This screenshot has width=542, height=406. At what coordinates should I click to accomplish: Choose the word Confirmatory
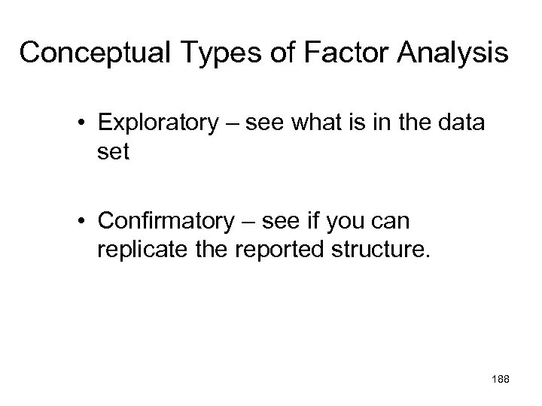tap(164, 220)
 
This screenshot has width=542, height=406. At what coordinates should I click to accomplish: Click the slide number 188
tap(500, 380)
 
